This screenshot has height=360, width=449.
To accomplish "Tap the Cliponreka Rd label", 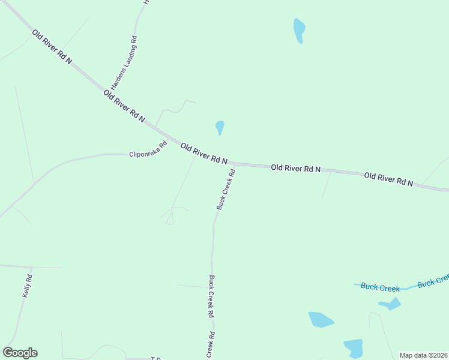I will (148, 149).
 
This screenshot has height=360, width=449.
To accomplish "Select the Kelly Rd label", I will (27, 286).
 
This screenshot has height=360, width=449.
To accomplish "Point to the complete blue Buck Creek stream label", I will (380, 287).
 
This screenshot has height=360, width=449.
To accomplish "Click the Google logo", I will (20, 353).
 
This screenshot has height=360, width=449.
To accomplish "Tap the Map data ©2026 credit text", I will (423, 355).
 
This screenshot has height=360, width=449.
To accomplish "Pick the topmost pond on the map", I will (299, 30).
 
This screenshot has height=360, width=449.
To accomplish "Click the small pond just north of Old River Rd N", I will (220, 127).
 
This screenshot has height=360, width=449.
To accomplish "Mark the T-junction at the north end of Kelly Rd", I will (31, 267).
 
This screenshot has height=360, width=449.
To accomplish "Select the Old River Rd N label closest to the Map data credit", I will (388, 179).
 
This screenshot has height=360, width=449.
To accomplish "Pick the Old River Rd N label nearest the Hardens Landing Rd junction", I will (124, 106).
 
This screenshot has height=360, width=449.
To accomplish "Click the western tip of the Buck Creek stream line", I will (354, 284).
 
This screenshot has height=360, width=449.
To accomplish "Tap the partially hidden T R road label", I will (156, 358).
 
